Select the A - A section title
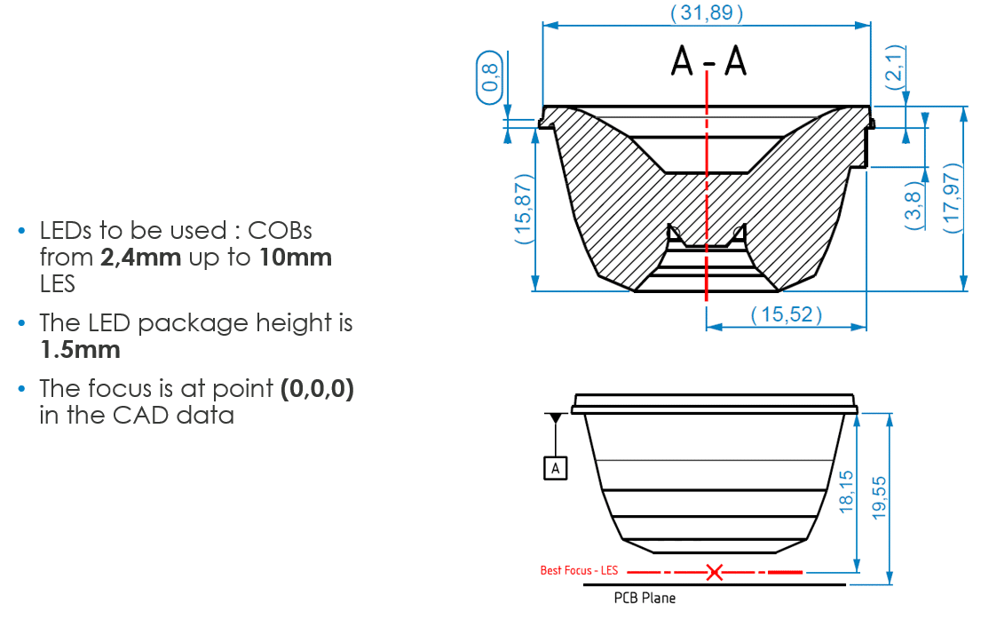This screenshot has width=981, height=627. pyautogui.click(x=708, y=60)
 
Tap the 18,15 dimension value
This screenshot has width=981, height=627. pyautogui.click(x=846, y=492)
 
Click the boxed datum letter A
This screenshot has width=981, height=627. pyautogui.click(x=556, y=468)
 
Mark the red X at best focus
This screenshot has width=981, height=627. pyautogui.click(x=714, y=571)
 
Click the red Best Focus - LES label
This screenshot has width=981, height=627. pyautogui.click(x=579, y=570)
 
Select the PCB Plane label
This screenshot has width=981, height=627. pyautogui.click(x=645, y=599)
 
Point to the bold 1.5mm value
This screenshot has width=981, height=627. pyautogui.click(x=80, y=350)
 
